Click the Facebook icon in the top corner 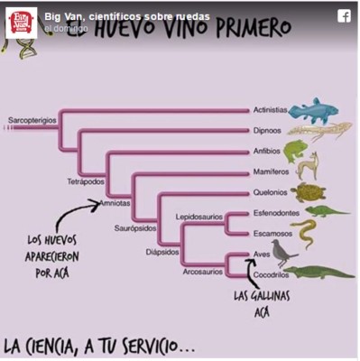[x=344, y=15]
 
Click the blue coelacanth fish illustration [x=316, y=109]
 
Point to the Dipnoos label [x=267, y=131]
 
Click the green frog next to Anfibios [x=295, y=150]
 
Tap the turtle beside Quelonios [x=309, y=192]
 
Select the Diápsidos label [x=162, y=252]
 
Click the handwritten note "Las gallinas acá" [x=257, y=303]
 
